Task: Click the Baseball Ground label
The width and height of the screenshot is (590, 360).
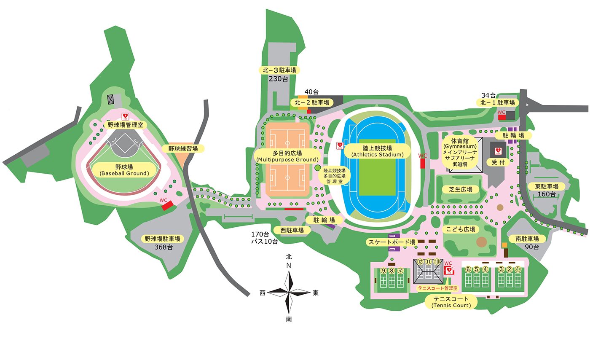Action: point(124,170)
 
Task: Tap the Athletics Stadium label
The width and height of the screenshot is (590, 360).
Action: point(377,151)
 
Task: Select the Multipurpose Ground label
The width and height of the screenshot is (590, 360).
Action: point(287,156)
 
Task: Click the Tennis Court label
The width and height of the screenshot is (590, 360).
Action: point(451,302)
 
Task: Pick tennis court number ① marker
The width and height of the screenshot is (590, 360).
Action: point(518,269)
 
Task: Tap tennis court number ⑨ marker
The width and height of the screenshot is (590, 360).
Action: point(383,271)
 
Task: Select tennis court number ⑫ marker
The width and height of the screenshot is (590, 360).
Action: point(420,262)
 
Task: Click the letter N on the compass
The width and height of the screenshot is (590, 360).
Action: point(289,265)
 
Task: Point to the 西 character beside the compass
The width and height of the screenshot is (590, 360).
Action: point(263,293)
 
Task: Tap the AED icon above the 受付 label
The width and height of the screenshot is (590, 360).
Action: point(498,150)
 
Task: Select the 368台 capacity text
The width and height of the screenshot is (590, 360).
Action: point(164,247)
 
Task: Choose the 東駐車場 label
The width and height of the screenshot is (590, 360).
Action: point(547,186)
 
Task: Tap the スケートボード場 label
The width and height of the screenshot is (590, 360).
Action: point(392,242)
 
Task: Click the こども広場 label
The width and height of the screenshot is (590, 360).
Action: point(461,229)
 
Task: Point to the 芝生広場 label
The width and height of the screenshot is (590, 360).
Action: point(460,190)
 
